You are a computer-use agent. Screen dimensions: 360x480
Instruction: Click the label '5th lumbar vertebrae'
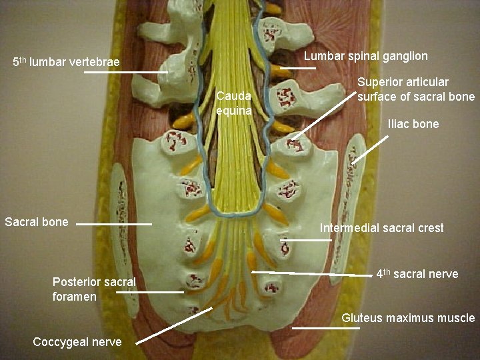(66, 63)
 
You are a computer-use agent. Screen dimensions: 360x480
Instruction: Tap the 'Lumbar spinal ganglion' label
(366, 56)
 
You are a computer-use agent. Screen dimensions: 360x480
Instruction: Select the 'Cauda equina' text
(234, 103)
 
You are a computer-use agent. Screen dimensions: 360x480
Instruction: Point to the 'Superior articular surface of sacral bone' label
(416, 89)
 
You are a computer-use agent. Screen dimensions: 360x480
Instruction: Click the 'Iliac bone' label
(413, 123)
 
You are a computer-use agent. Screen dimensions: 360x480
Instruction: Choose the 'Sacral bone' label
(37, 221)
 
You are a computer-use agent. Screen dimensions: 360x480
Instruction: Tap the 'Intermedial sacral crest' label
(381, 228)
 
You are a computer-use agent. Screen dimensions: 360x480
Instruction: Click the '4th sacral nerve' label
(417, 273)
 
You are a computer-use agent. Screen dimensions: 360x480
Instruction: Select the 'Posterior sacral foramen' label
(93, 289)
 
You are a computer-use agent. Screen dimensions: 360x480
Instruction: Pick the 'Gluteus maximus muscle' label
(408, 318)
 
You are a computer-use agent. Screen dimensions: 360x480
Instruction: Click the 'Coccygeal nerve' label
(77, 341)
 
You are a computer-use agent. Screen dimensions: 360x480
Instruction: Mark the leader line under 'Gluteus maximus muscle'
(317, 328)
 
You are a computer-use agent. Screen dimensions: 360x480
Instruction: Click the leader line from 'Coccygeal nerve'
(173, 325)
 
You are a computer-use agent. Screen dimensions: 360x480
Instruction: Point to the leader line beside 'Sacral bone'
(114, 225)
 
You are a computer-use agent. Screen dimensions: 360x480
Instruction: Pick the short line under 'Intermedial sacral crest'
(306, 239)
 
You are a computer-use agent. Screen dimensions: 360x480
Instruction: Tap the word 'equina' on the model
(234, 111)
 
